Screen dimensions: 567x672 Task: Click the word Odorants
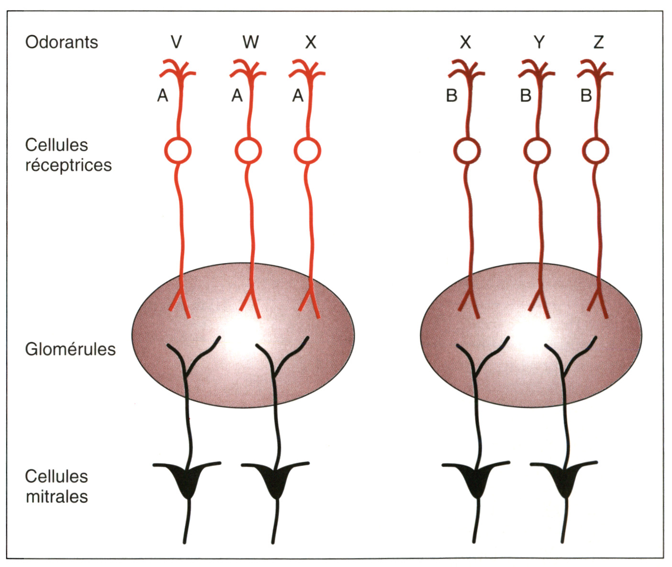[61, 42]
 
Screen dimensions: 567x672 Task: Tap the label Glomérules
[70, 349]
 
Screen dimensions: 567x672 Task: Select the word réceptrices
[68, 165]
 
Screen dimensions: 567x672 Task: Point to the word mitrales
[56, 497]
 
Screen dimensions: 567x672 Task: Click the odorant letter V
[176, 42]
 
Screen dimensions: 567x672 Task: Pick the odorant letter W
[250, 42]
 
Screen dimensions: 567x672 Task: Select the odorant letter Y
[539, 42]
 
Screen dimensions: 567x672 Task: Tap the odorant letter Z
[598, 42]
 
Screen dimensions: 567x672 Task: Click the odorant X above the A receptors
[311, 42]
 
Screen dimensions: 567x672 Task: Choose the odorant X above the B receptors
[465, 42]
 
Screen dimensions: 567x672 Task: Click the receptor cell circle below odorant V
[178, 151]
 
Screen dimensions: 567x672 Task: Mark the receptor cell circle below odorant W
[248, 151]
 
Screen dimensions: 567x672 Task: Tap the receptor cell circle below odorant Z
[596, 151]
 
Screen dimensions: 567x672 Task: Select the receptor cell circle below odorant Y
[537, 151]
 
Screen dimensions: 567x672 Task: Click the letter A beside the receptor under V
[163, 96]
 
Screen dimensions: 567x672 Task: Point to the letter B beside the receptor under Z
[586, 96]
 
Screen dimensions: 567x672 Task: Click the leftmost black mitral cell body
[188, 481]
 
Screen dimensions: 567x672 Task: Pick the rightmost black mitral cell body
[565, 481]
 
